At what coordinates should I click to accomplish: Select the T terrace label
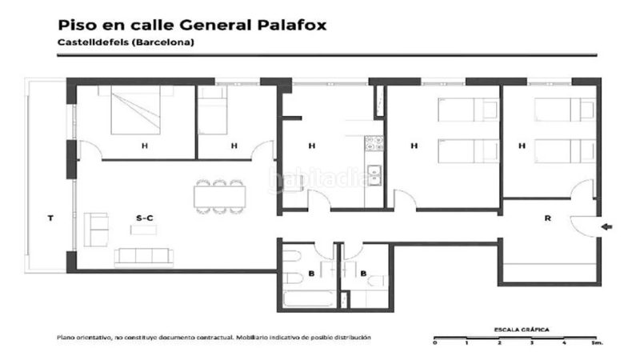50,218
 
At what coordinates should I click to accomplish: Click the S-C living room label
145,218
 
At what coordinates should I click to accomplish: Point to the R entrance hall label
546,218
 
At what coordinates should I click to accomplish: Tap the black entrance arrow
607,227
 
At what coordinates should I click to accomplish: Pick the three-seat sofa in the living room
144,257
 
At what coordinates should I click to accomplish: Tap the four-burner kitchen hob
374,144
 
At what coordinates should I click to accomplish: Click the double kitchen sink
374,174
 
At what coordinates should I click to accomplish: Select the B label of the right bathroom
364,274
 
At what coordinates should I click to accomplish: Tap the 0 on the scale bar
434,342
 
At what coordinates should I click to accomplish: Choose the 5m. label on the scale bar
596,342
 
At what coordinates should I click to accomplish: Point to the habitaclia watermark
320,179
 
